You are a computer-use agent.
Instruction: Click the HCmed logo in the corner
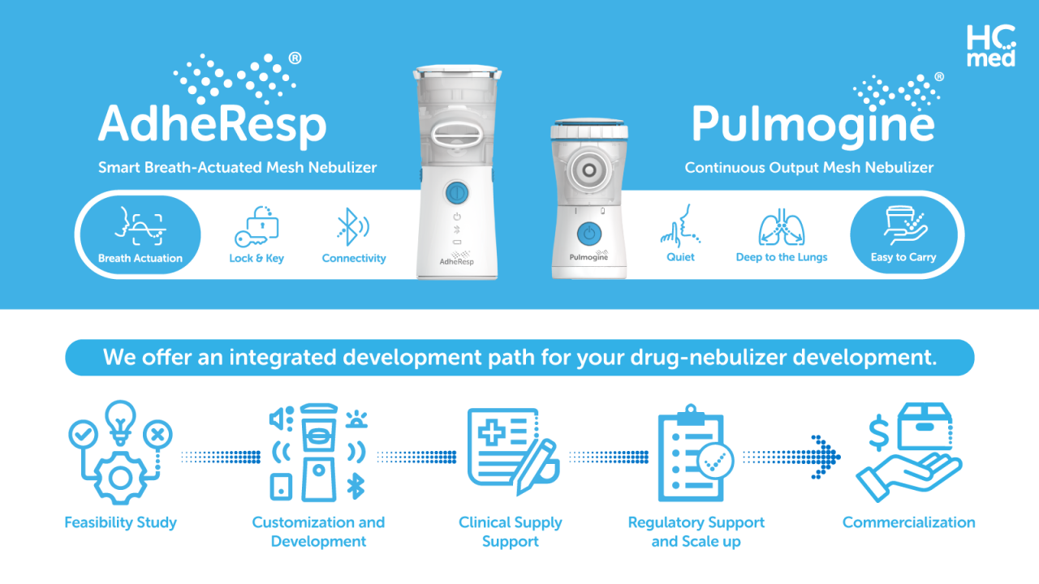tap(991, 45)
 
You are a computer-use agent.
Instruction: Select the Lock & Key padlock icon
tap(257, 226)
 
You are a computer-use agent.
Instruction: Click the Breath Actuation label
tap(140, 259)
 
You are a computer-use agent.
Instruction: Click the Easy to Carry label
tap(903, 257)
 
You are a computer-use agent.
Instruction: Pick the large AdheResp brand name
tap(212, 124)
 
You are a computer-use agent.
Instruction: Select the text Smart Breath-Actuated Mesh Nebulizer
tap(238, 168)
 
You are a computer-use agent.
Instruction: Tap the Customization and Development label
tap(318, 532)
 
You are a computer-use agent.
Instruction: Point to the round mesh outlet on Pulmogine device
tap(588, 166)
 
